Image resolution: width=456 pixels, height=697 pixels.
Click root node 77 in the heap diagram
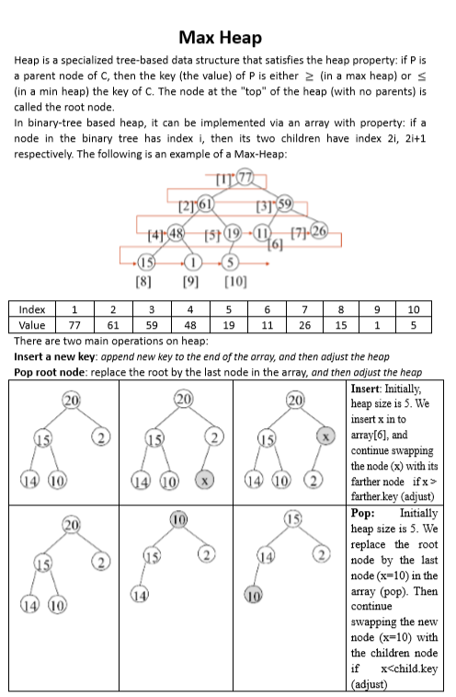[x=245, y=178]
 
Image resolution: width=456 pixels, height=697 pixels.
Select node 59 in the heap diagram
[x=284, y=202]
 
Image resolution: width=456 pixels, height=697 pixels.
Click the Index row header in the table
[x=32, y=309]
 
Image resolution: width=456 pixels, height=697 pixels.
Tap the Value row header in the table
[x=32, y=324]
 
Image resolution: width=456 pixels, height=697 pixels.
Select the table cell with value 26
[x=305, y=324]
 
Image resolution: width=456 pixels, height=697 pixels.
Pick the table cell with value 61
[x=115, y=324]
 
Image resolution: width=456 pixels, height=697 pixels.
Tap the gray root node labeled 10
[x=184, y=522]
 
